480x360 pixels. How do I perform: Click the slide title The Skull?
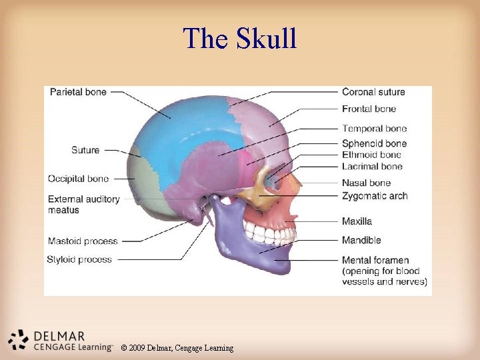click(x=240, y=39)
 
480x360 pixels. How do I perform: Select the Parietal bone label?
click(x=78, y=92)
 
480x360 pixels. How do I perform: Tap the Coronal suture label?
click(x=373, y=92)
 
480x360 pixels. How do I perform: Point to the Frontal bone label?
click(x=369, y=109)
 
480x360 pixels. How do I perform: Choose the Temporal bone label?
click(x=374, y=129)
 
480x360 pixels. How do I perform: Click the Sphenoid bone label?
click(x=374, y=143)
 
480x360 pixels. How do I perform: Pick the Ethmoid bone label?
click(x=371, y=155)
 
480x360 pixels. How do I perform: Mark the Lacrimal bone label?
click(x=372, y=166)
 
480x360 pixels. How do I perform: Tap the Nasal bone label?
click(x=366, y=183)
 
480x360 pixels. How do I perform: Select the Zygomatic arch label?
click(x=374, y=196)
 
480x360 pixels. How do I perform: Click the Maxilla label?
click(x=357, y=221)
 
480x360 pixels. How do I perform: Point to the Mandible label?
click(x=361, y=240)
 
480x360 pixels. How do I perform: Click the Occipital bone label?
click(x=78, y=179)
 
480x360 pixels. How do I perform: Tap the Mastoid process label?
click(x=83, y=241)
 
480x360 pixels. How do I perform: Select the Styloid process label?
click(x=79, y=259)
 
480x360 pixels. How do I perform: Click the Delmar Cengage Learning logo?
click(x=61, y=340)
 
